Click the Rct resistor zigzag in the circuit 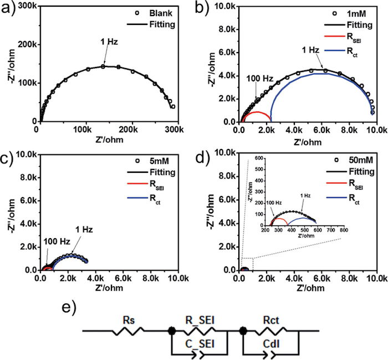pos(272,332)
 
